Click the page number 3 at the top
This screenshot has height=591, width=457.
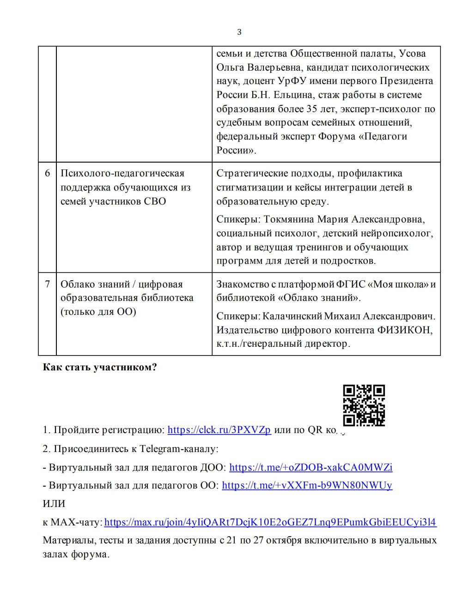(x=239, y=32)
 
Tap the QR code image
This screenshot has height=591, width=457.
(x=364, y=405)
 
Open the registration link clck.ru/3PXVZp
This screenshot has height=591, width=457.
(x=219, y=430)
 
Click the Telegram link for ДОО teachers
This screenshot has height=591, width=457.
(x=311, y=467)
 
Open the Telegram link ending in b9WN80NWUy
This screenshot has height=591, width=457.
(x=307, y=485)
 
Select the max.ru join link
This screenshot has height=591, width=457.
(x=270, y=522)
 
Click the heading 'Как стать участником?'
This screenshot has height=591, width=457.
(x=100, y=368)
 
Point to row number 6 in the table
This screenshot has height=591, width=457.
(x=47, y=174)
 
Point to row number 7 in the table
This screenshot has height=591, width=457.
(x=47, y=284)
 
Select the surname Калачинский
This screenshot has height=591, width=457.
(x=291, y=316)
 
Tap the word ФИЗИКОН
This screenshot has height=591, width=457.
(x=405, y=330)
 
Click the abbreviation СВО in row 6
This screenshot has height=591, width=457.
(x=154, y=201)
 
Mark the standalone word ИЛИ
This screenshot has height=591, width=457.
(x=54, y=504)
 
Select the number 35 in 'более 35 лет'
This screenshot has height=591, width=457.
(x=312, y=109)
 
